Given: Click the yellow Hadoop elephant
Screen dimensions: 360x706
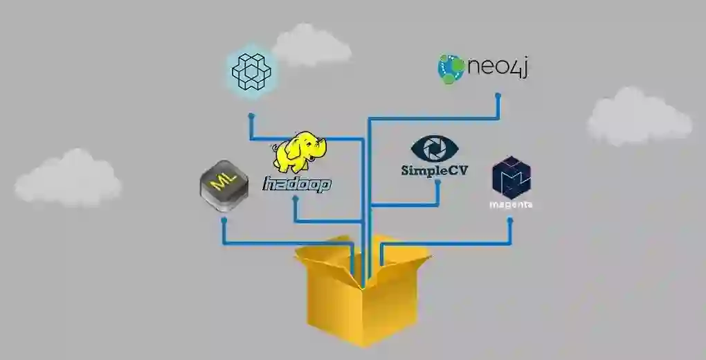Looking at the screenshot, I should click(x=299, y=154).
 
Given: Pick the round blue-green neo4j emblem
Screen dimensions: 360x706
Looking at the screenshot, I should click(x=451, y=69).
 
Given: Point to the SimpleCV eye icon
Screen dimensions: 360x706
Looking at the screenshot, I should click(x=434, y=148).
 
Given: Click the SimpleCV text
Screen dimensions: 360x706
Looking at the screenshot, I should click(x=434, y=170).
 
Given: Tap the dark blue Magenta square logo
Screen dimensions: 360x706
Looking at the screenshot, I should click(x=511, y=177).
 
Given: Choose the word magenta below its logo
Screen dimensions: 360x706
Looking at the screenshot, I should click(x=511, y=205).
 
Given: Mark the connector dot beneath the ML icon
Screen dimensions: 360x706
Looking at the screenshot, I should click(x=223, y=219).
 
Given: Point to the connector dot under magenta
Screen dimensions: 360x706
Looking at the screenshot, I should click(x=510, y=221).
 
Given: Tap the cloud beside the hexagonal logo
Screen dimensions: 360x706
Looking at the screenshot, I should click(x=311, y=46).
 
